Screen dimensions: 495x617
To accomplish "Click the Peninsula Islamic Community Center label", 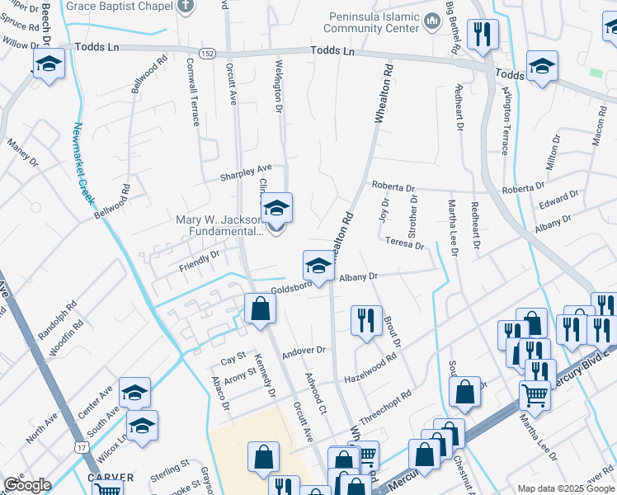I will pyautogui.click(x=373, y=22).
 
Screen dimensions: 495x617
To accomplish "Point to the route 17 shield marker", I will pyautogui.click(x=80, y=446).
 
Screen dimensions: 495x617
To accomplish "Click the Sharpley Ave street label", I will pyautogui.click(x=245, y=176).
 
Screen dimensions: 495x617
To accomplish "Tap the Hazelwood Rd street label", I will pyautogui.click(x=370, y=365).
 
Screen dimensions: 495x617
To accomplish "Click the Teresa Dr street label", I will pyautogui.click(x=404, y=243).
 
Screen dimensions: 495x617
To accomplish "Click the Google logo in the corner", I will pyautogui.click(x=26, y=485).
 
